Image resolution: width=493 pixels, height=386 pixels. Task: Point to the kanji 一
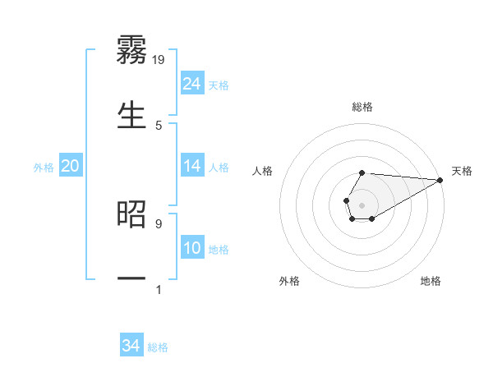tap(132, 279)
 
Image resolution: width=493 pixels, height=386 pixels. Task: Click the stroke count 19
tap(159, 59)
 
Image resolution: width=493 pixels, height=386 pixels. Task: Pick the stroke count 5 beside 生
tap(159, 125)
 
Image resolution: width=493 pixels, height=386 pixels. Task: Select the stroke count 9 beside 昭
tap(159, 223)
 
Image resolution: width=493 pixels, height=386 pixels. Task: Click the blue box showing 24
tap(192, 84)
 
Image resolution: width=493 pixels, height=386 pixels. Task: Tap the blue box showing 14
tap(192, 166)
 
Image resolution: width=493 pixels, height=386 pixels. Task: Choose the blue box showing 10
tap(192, 248)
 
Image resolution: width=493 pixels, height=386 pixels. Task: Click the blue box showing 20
tap(70, 166)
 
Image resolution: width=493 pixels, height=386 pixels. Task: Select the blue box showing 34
tap(131, 346)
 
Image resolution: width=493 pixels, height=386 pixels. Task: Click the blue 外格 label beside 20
tap(44, 168)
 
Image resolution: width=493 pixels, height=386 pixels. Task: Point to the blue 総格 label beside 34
tap(158, 347)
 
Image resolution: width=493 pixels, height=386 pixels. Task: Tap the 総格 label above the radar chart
tap(362, 107)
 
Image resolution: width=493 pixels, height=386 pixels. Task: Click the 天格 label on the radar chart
tap(462, 171)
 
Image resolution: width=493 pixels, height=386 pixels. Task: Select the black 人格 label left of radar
tap(263, 171)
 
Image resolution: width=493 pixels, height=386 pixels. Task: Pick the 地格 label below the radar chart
tap(431, 281)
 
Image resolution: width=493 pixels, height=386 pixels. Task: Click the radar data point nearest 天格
tap(440, 180)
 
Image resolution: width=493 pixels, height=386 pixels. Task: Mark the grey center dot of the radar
tap(362, 204)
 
